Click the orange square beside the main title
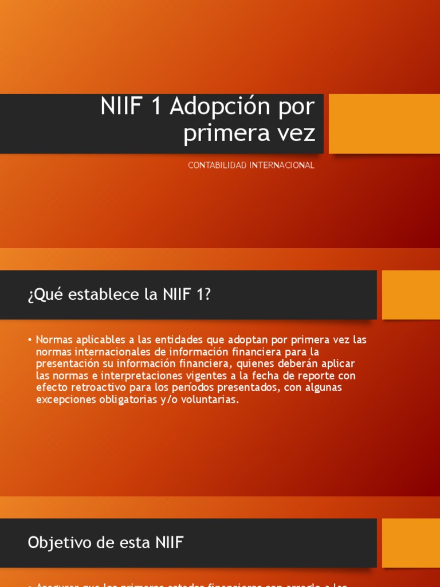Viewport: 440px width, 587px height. [x=384, y=124]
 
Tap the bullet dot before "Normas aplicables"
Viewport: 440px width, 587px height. [x=29, y=340]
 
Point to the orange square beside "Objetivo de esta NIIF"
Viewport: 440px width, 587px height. [x=411, y=542]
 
